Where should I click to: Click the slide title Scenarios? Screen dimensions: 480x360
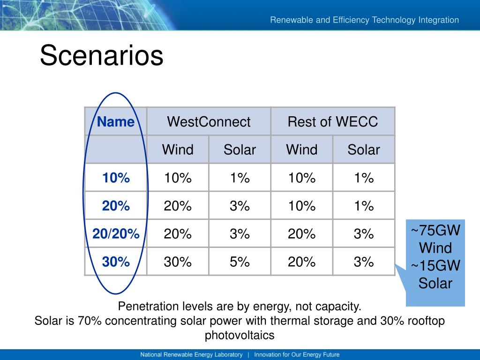click(x=101, y=55)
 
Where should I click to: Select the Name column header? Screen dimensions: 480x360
click(x=116, y=121)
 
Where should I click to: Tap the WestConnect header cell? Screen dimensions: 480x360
click(x=209, y=121)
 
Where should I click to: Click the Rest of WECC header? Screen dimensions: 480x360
click(x=333, y=121)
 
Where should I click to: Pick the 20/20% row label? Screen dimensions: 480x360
click(x=116, y=233)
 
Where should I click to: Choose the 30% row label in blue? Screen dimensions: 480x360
click(x=116, y=262)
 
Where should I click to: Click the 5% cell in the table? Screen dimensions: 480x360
click(x=240, y=262)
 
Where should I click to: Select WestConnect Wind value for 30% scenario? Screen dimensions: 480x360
click(x=178, y=262)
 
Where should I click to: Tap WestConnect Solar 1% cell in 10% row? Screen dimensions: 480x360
click(x=240, y=178)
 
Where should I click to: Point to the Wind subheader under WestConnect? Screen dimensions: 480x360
click(x=178, y=150)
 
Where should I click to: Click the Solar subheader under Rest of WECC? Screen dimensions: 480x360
click(x=364, y=150)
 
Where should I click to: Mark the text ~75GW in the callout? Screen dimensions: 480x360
click(x=435, y=230)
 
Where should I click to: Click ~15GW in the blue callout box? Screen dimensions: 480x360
click(x=435, y=265)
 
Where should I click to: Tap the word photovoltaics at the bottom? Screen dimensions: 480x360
click(x=240, y=335)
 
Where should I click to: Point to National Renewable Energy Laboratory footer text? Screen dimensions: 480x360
click(x=191, y=354)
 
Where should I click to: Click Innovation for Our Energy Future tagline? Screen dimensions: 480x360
click(x=297, y=354)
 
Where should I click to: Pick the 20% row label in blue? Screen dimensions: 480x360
click(x=116, y=206)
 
